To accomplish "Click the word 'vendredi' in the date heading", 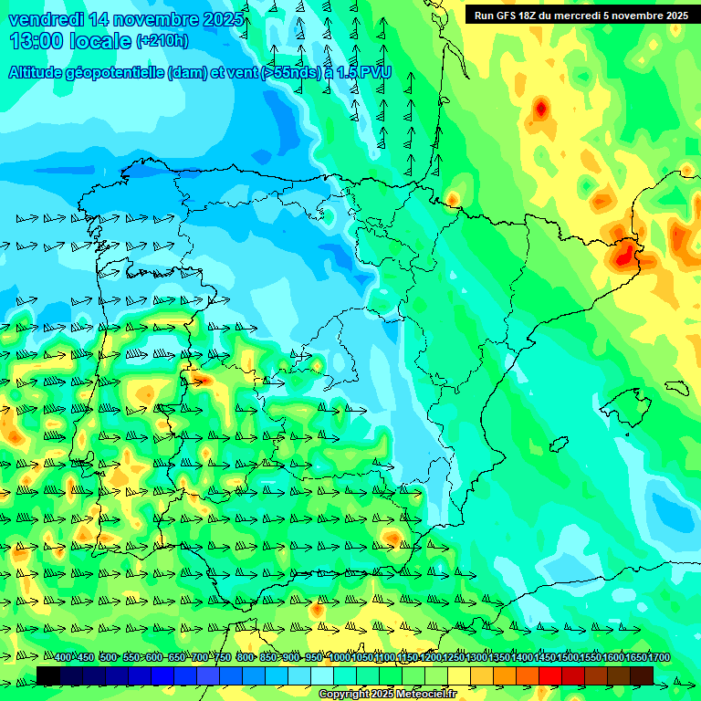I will click(x=47, y=19).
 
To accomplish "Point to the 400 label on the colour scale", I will click(x=63, y=658).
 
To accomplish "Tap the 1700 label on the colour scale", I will click(x=634, y=658).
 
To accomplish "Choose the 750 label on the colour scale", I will click(x=223, y=658).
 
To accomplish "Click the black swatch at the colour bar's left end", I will click(x=48, y=675).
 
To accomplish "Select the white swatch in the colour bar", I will click(x=322, y=675).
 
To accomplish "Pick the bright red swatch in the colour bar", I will click(x=550, y=675).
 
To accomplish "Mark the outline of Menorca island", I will click(x=675, y=387).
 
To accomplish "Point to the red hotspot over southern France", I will click(x=541, y=110).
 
